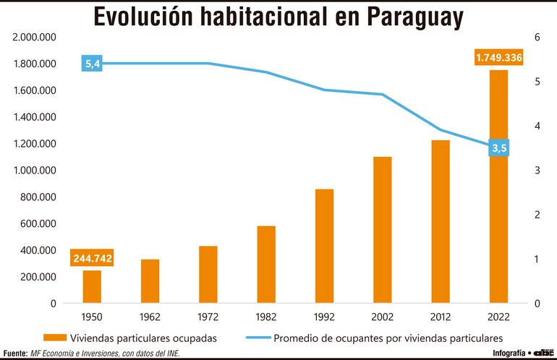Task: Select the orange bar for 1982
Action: pyautogui.click(x=266, y=265)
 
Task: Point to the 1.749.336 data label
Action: pyautogui.click(x=498, y=57)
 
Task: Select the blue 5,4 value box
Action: pyautogui.click(x=93, y=64)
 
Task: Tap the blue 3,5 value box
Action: pyautogui.click(x=499, y=148)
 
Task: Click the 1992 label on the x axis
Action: pyautogui.click(x=324, y=316)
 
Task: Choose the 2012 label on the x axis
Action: pyautogui.click(x=441, y=316)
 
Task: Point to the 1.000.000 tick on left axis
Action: pyautogui.click(x=35, y=171)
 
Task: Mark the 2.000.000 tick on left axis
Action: pyautogui.click(x=35, y=37)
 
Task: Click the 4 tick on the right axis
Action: pyautogui.click(x=537, y=126)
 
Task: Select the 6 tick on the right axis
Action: pyautogui.click(x=537, y=37)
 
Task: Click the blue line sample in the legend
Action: pyautogui.click(x=261, y=338)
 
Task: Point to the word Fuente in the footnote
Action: pyautogui.click(x=14, y=353)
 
